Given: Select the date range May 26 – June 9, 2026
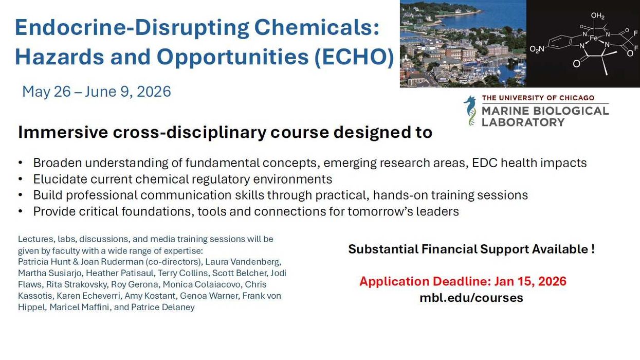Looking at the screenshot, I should (97, 92).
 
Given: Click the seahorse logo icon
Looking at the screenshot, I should (470, 110).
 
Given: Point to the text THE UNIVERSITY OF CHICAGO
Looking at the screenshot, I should (538, 98).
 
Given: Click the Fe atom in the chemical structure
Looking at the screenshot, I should (593, 38).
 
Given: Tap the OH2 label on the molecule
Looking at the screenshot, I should (597, 16).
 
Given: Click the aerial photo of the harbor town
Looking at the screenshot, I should (463, 44).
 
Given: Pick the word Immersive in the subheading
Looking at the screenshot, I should (55, 133).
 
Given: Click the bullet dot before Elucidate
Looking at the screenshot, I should (20, 179).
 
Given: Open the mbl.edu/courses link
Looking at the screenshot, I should (471, 298).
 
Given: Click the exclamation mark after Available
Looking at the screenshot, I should (593, 249).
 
